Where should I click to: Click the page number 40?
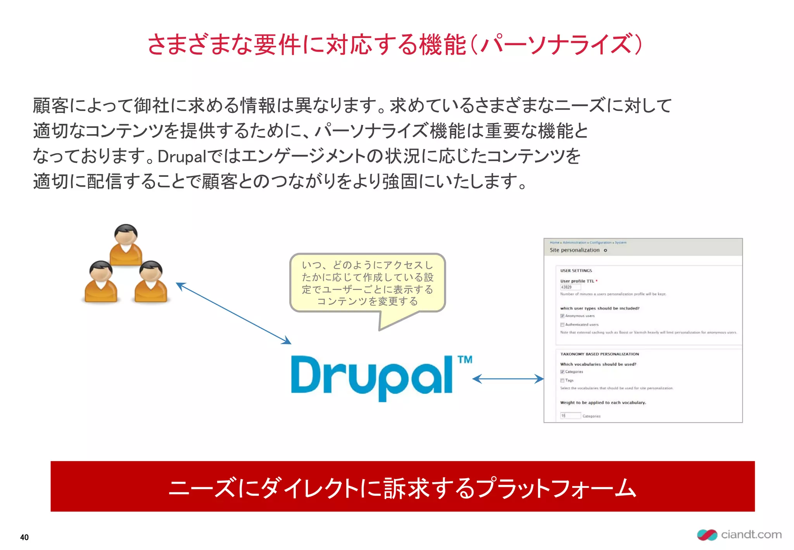tap(24, 537)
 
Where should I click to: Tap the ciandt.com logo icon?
tap(707, 535)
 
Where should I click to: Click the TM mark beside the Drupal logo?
tap(465, 360)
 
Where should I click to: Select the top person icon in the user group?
tap(126, 245)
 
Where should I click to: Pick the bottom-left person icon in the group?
tap(101, 282)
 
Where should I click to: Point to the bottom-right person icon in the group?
tap(151, 282)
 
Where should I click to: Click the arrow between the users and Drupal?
tap(233, 313)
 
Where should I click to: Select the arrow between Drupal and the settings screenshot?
tap(508, 379)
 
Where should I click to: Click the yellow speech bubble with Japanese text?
tap(368, 283)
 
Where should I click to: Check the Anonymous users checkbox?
tap(562, 316)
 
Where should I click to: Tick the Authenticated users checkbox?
tap(562, 325)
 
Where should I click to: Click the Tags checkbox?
tap(562, 381)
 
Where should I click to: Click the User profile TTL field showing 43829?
tap(570, 287)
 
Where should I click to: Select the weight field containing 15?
tap(570, 416)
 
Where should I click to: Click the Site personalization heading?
tap(575, 250)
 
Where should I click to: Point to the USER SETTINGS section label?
tap(576, 271)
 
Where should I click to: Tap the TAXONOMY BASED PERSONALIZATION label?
tap(599, 354)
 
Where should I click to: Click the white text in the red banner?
tap(402, 488)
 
